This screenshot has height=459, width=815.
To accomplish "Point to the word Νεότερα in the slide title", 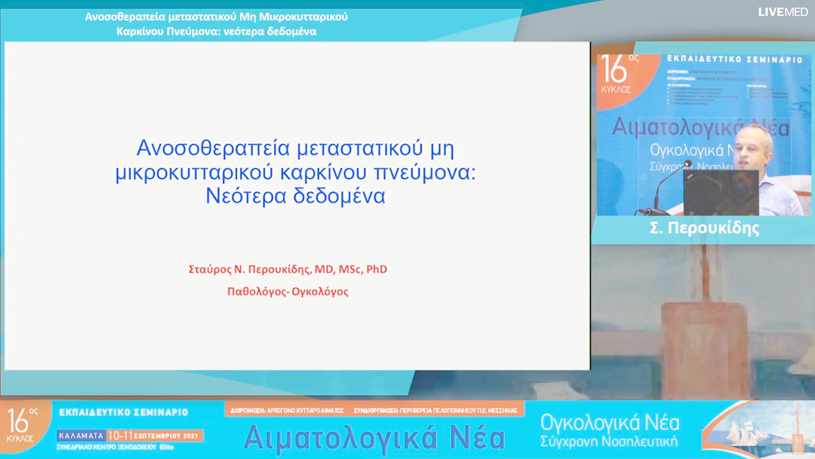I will click(244, 196).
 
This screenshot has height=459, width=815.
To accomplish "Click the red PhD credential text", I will click(377, 269).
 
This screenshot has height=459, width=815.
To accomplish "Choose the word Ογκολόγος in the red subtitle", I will click(320, 291).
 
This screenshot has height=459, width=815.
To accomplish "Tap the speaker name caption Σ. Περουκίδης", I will click(704, 228).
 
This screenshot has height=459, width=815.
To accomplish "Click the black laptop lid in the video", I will click(720, 193).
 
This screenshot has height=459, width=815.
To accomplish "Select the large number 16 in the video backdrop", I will click(614, 71).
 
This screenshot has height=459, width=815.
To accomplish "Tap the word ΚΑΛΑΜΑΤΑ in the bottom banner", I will click(81, 436).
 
